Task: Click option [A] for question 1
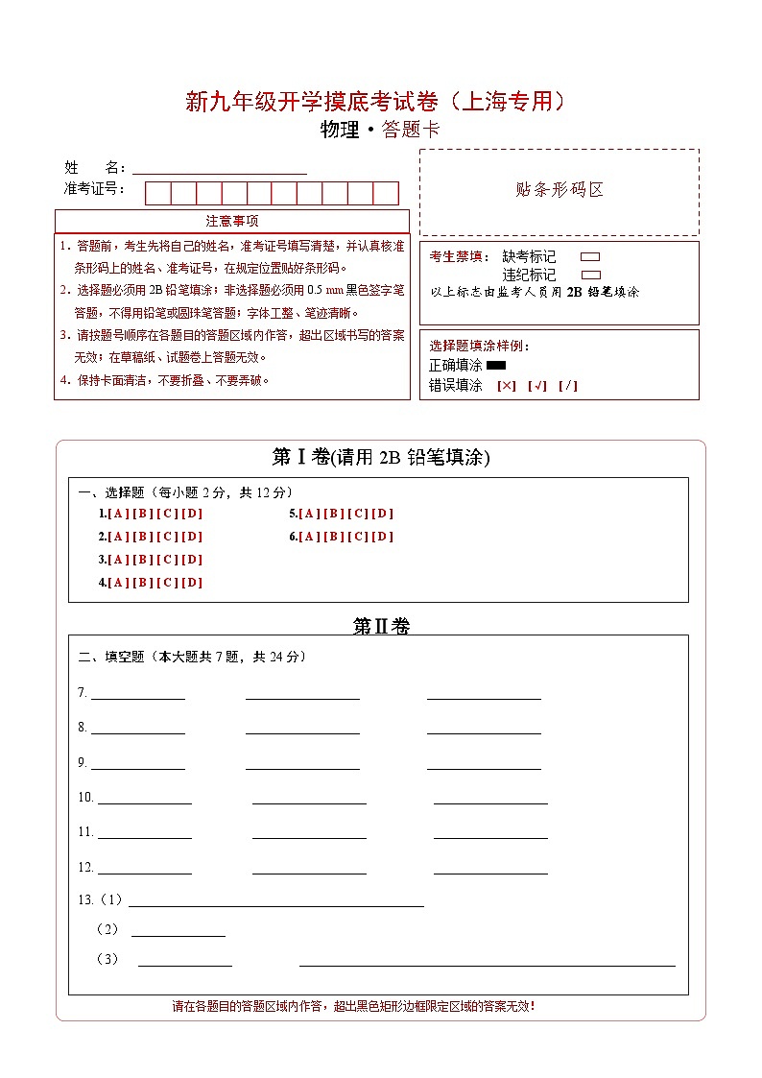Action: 118,514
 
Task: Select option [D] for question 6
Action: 383,537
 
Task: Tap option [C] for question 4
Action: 167,583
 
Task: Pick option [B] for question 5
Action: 334,514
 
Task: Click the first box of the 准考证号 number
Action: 157,193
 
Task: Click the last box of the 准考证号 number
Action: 386,193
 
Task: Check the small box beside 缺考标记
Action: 591,257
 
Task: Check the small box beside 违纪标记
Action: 591,275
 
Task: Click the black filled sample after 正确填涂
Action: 496,366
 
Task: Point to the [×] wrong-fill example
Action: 507,386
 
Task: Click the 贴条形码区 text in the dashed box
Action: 560,190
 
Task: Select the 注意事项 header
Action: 232,222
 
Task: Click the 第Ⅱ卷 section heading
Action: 381,627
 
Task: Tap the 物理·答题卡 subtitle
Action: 380,131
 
